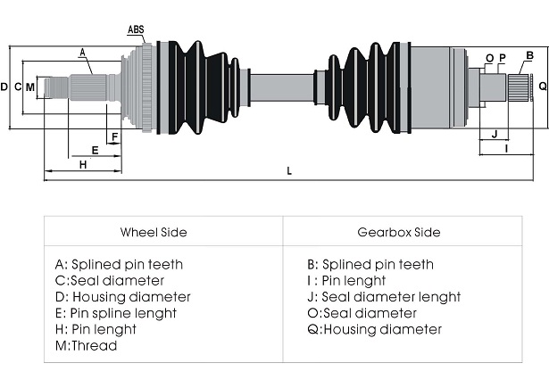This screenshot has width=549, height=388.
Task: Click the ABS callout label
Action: (136, 29)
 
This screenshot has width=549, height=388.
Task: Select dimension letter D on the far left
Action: (4, 87)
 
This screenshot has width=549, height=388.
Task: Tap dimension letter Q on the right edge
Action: (543, 86)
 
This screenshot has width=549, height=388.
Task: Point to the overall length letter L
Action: (289, 171)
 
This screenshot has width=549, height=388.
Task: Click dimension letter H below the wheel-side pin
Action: (83, 164)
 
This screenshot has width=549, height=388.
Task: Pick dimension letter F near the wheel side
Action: (114, 136)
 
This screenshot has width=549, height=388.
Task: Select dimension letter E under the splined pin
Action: (95, 151)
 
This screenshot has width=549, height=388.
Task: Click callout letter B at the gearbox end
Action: (529, 55)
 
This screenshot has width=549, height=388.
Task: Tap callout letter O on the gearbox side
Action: (489, 59)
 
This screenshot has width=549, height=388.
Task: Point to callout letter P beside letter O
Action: (503, 58)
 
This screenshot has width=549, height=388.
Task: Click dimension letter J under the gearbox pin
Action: (495, 134)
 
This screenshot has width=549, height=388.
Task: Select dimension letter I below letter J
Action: (506, 149)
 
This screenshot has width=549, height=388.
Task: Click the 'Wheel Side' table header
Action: (154, 232)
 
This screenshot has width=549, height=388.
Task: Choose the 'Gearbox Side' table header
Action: (399, 232)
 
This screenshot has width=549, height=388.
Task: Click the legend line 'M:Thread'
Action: (86, 346)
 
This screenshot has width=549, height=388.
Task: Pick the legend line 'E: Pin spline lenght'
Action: (116, 313)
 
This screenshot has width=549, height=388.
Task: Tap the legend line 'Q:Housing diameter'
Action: (375, 329)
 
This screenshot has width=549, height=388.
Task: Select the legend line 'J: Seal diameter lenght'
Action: (384, 297)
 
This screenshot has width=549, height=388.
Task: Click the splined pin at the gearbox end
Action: (518, 87)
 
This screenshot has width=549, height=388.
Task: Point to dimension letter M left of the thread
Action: (30, 87)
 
